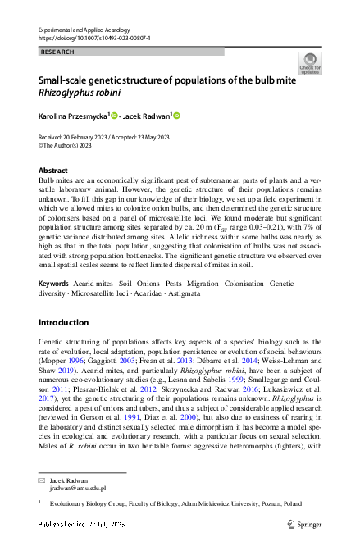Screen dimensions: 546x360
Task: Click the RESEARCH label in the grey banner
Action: [x=57, y=52]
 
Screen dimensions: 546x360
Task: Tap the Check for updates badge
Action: [x=310, y=63]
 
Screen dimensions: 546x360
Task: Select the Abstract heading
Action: [x=53, y=170]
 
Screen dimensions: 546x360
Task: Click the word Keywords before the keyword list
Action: [x=54, y=283]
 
